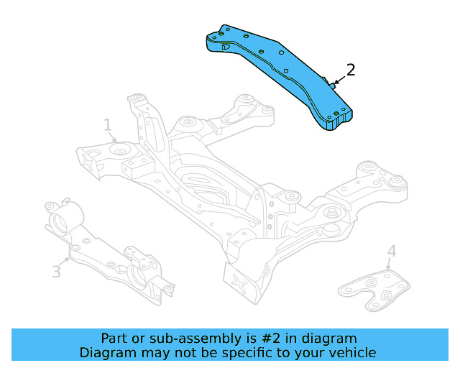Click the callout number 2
(x=350, y=70)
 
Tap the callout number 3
(x=56, y=272)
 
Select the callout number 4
(x=391, y=251)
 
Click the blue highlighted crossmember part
(x=280, y=72)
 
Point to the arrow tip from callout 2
(x=332, y=86)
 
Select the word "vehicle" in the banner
(x=352, y=353)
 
